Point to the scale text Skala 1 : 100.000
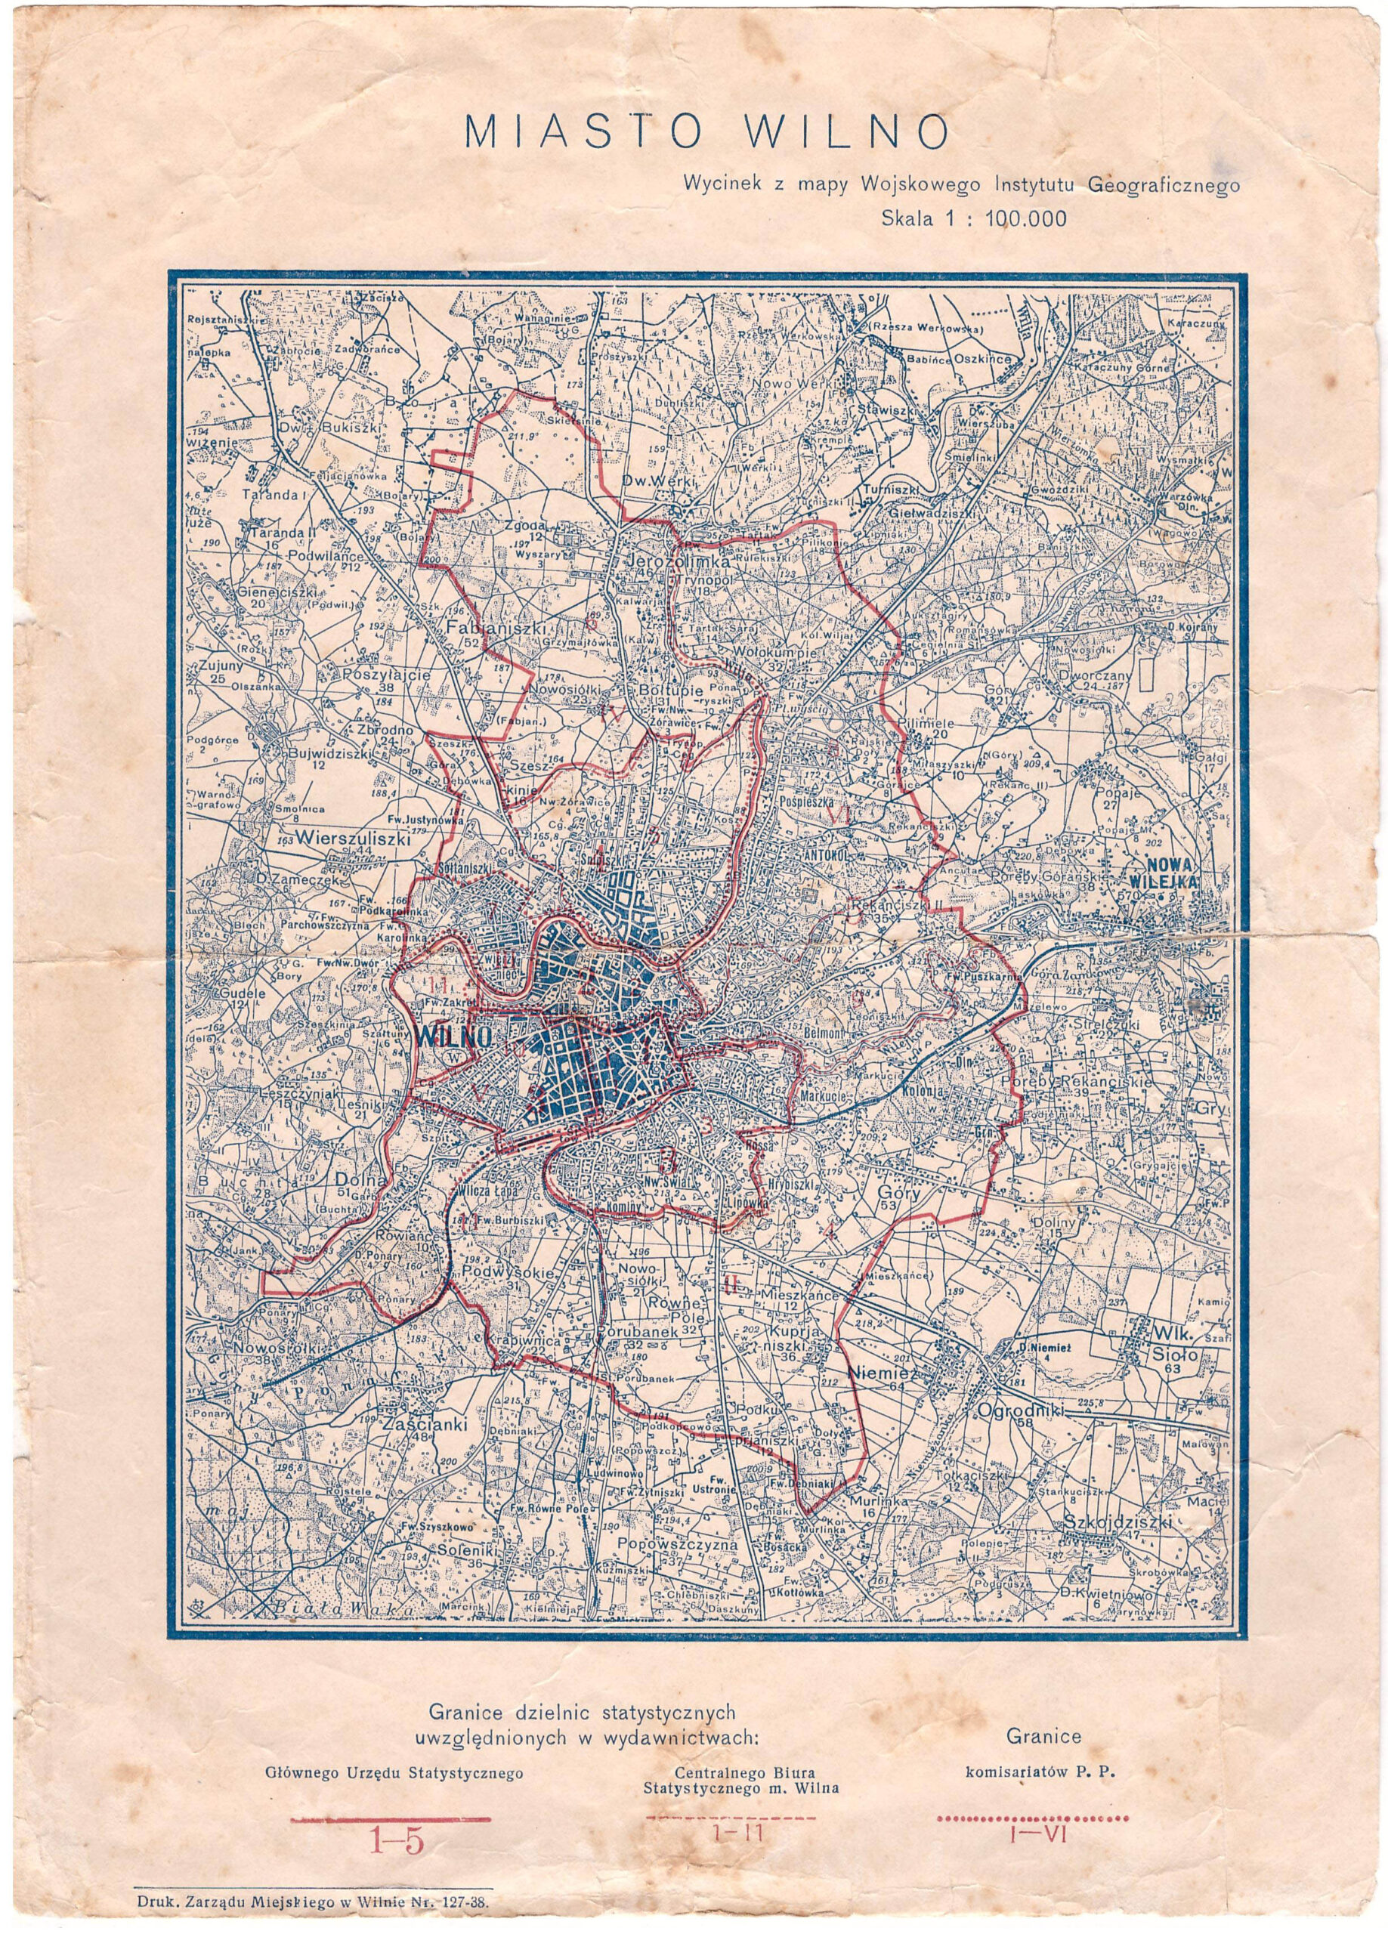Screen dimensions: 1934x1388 972,218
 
